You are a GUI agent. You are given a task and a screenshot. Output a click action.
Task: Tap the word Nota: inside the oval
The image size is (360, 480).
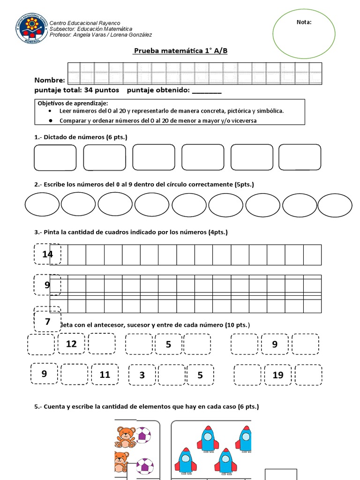[x=304, y=22]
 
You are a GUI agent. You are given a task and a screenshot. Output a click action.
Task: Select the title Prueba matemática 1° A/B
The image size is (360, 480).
[x=180, y=51]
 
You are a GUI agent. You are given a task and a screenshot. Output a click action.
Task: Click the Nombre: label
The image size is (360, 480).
[x=50, y=80]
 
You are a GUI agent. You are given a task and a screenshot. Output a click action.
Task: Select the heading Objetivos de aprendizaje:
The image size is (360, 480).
[x=73, y=103]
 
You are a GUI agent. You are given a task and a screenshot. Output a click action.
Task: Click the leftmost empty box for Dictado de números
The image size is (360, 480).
[x=55, y=157]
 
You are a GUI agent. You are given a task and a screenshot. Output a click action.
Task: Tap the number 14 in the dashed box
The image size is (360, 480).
[x=47, y=255]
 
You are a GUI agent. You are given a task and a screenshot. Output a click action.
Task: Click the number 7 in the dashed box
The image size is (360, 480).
[x=47, y=322]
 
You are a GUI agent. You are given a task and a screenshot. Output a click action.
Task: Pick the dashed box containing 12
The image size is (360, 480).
[x=71, y=344]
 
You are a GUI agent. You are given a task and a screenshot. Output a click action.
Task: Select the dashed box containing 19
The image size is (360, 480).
[x=278, y=375]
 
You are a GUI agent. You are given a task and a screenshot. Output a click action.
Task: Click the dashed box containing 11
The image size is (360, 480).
[x=105, y=375]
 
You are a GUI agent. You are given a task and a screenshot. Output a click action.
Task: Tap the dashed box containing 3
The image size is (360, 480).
[x=142, y=375]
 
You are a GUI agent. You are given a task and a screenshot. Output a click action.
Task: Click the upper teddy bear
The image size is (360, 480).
[x=126, y=437]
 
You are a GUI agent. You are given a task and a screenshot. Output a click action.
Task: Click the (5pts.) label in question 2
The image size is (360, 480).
[x=244, y=185]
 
